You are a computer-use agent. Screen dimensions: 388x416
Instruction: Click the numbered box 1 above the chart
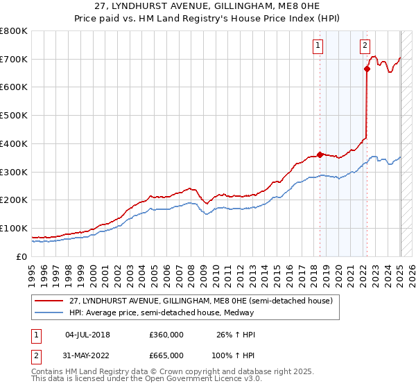pyautogui.click(x=318, y=46)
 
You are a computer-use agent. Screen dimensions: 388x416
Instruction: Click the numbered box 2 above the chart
pyautogui.click(x=365, y=46)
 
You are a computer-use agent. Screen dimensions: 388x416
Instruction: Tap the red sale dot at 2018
pyautogui.click(x=320, y=155)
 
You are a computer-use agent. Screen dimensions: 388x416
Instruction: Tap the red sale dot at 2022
pyautogui.click(x=367, y=68)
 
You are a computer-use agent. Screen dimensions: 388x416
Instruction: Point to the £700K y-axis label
pyautogui.click(x=14, y=60)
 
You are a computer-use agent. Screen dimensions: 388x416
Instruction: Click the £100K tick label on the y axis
pyautogui.click(x=14, y=228)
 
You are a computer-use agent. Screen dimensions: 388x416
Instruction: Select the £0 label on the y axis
pyautogui.click(x=22, y=256)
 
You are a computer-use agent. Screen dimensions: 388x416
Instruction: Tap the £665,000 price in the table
pyautogui.click(x=166, y=355)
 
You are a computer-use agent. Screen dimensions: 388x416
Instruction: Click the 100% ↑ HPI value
pyautogui.click(x=234, y=355)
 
